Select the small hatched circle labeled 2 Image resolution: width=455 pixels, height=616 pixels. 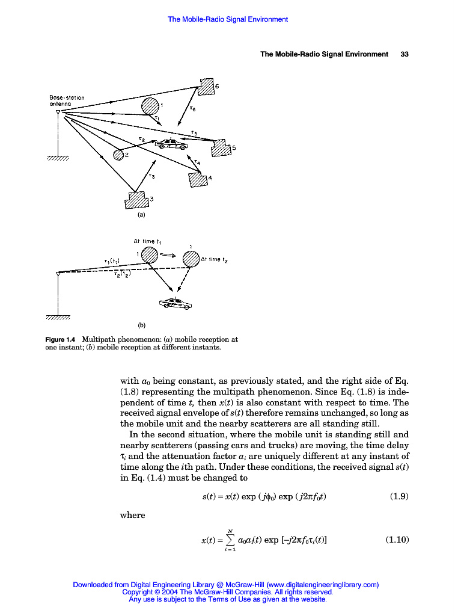[x=118, y=155]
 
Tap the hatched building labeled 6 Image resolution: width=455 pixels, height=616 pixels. [x=207, y=87]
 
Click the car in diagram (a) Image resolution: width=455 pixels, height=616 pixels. [x=171, y=144]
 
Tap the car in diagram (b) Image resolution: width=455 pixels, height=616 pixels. [x=175, y=303]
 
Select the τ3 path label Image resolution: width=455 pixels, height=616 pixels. [x=151, y=176]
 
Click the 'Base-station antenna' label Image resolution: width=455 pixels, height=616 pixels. [x=67, y=100]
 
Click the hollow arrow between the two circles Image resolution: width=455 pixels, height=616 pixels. [x=169, y=255]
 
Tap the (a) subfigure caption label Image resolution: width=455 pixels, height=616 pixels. [x=141, y=214]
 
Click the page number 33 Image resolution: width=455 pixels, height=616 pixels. [x=405, y=54]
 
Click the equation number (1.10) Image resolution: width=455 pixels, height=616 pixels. [x=397, y=540]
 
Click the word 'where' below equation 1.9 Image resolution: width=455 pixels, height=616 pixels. [x=133, y=515]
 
